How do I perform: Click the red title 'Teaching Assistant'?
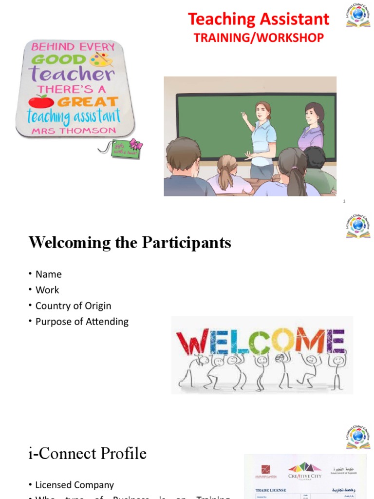[259, 19]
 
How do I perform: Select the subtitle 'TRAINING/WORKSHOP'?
[259, 38]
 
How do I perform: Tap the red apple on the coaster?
[41, 101]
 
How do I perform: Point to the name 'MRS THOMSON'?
[74, 131]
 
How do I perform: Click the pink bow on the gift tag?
[135, 144]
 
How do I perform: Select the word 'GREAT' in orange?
[88, 102]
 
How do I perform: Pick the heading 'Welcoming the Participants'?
[130, 243]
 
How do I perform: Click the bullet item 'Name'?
[49, 274]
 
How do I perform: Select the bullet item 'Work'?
[47, 290]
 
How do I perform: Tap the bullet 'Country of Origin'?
[73, 306]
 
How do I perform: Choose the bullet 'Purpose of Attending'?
[82, 322]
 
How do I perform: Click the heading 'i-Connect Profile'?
[88, 454]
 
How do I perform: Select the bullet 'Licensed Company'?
[75, 485]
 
